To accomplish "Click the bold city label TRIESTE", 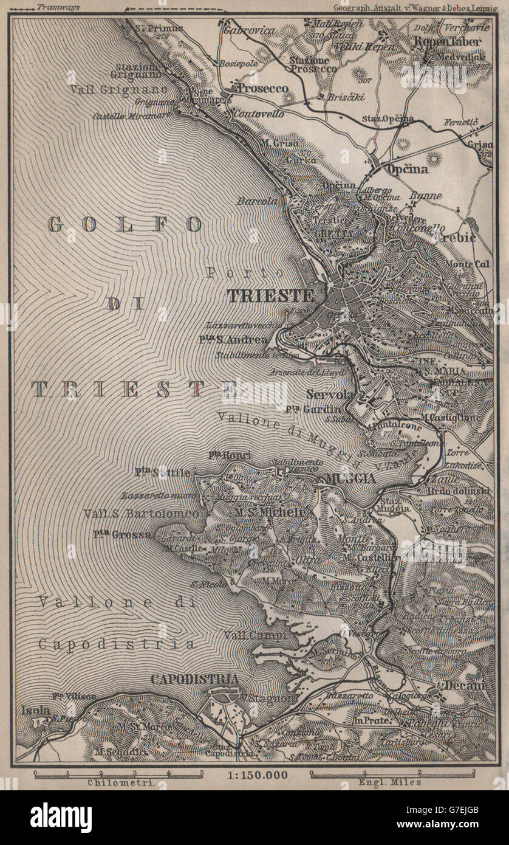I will tap(270, 296).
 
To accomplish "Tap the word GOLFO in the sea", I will tap(125, 224).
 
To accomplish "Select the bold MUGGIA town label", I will tap(350, 478).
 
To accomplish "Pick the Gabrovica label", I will tap(249, 30).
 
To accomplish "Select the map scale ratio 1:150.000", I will tap(254, 775).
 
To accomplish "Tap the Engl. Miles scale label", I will tap(392, 783).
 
